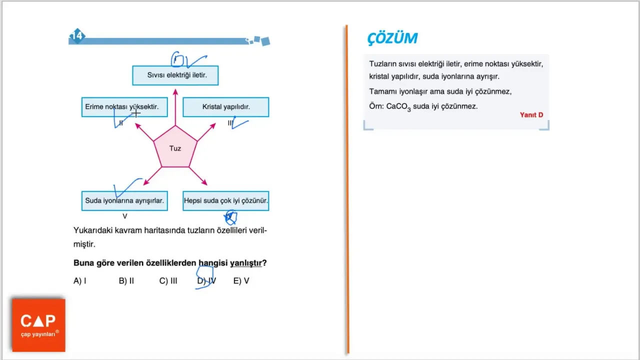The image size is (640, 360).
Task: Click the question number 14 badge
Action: click(77, 36)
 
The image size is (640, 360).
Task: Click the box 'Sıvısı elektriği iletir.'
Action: click(175, 75)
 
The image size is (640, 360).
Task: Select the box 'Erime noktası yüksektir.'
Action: click(124, 107)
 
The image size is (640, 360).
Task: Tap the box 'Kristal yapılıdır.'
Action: click(225, 107)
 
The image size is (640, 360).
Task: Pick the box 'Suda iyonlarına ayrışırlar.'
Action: click(124, 201)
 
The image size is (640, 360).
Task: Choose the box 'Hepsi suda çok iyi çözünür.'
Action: click(225, 201)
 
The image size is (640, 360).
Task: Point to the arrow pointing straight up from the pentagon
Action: click(175, 107)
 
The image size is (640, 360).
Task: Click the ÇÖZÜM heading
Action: click(392, 38)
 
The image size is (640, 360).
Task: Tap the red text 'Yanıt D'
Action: click(531, 115)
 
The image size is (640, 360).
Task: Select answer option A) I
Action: click(79, 281)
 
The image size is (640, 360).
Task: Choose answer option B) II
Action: click(126, 281)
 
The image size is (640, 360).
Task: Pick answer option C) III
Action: click(168, 281)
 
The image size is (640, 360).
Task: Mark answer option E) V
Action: click(241, 281)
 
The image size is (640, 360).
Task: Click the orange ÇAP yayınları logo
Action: click(38, 325)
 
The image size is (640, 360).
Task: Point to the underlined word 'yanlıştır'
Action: click(245, 263)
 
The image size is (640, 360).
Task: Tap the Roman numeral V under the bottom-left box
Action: click(125, 216)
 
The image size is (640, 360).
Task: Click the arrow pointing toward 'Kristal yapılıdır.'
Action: click(206, 132)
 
